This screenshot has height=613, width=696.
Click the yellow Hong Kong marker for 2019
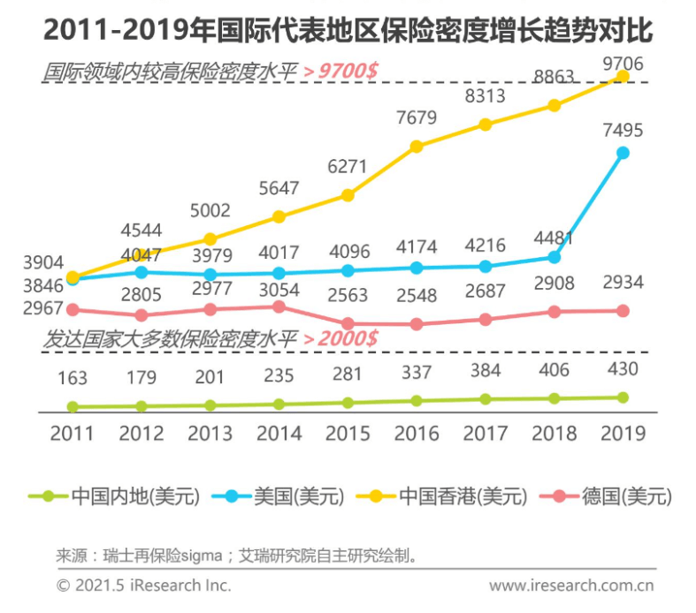[623, 77]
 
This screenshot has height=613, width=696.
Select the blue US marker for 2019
[623, 153]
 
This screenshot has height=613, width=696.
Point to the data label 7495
[623, 131]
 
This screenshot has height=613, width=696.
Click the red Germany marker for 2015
[348, 324]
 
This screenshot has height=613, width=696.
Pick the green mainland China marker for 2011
[73, 407]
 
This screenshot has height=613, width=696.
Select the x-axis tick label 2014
[279, 434]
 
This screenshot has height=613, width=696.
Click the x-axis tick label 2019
[623, 434]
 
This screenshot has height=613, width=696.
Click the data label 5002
[210, 211]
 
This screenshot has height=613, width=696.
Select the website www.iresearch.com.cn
[570, 585]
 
